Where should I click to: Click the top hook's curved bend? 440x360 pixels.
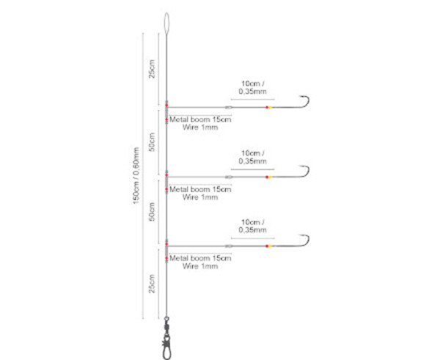pos(308,101)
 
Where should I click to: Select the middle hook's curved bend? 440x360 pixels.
pos(308,171)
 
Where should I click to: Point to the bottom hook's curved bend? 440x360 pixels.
pos(308,240)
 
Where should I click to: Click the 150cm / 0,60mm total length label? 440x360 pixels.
pos(136,176)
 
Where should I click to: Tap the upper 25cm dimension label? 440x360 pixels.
pos(152,69)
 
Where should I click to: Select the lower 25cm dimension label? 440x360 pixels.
pos(152,284)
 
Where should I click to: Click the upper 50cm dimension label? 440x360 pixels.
pos(152,142)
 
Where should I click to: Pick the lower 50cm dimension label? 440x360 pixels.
pos(152,212)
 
